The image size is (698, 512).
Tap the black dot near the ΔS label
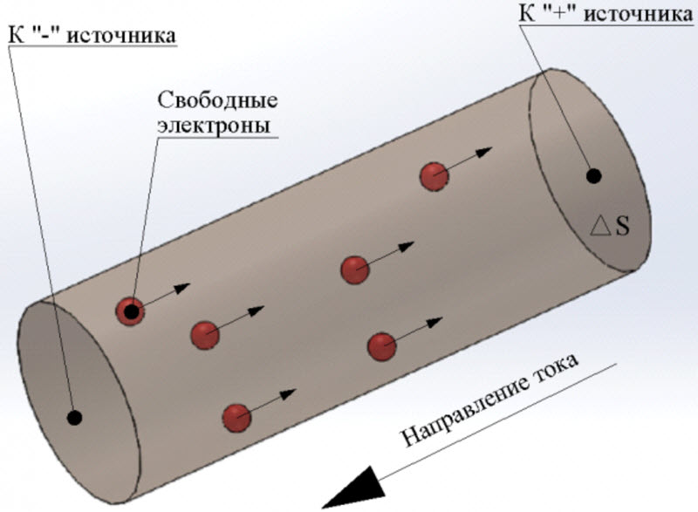coord(593,175)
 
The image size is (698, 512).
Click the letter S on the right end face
coord(621,227)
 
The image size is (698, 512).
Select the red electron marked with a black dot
coord(131,310)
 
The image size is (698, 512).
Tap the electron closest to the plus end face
coord(434,176)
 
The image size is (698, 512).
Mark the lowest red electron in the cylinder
coord(236,418)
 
